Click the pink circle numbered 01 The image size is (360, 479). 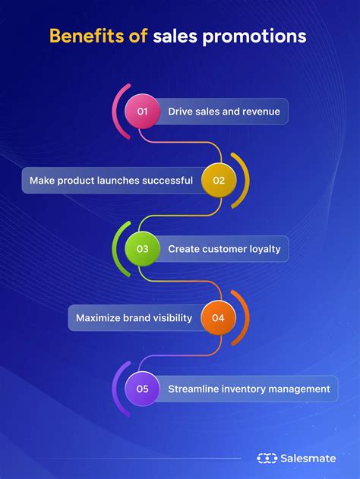pyautogui.click(x=142, y=112)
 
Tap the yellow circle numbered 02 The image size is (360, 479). pyautogui.click(x=219, y=181)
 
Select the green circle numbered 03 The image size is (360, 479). pyautogui.click(x=142, y=248)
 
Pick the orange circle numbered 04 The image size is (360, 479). pyautogui.click(x=219, y=318)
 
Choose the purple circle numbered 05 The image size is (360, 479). pyautogui.click(x=142, y=389)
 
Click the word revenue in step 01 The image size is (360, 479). pyautogui.click(x=261, y=112)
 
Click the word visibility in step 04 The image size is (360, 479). pyautogui.click(x=166, y=318)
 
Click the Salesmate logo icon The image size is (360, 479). pyautogui.click(x=267, y=458)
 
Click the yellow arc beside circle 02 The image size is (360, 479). pyautogui.click(x=245, y=181)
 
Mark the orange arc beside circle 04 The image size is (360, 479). pyautogui.click(x=245, y=318)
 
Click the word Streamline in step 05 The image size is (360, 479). pyautogui.click(x=194, y=389)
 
